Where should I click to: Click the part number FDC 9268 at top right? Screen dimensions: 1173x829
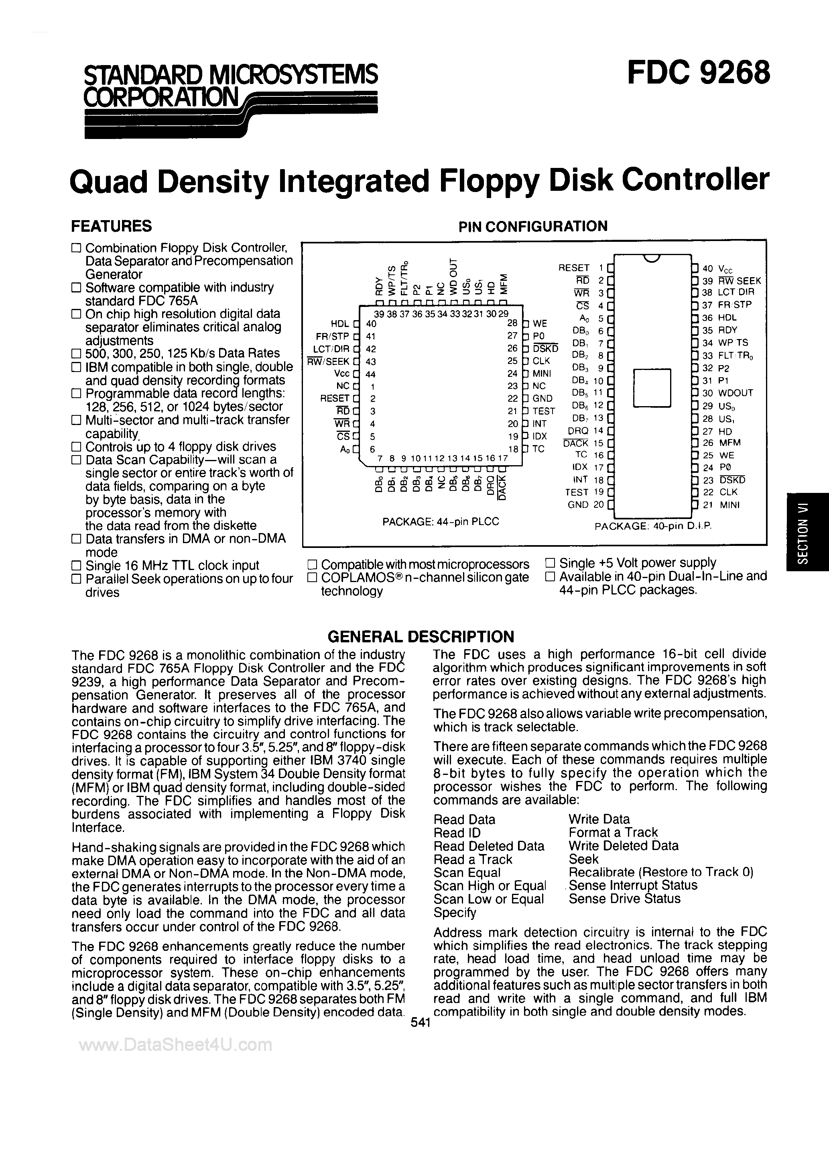(x=698, y=73)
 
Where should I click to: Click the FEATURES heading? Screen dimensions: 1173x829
(x=111, y=226)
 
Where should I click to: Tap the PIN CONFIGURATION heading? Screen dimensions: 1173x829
(x=533, y=226)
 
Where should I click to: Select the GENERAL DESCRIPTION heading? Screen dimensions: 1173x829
(x=420, y=637)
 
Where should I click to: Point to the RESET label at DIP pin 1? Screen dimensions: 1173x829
(x=574, y=268)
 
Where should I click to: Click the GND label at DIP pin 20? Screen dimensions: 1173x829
(x=578, y=505)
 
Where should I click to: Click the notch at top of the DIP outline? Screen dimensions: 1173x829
(x=651, y=258)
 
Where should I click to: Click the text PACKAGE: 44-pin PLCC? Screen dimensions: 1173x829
(x=440, y=521)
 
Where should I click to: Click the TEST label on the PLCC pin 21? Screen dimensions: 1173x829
(x=544, y=411)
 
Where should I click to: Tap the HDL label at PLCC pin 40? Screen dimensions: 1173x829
(x=340, y=323)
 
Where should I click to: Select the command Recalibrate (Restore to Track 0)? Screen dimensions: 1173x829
(x=660, y=872)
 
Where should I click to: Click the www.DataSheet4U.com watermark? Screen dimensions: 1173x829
(x=176, y=1045)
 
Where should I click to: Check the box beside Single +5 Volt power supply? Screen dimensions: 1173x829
(x=550, y=563)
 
